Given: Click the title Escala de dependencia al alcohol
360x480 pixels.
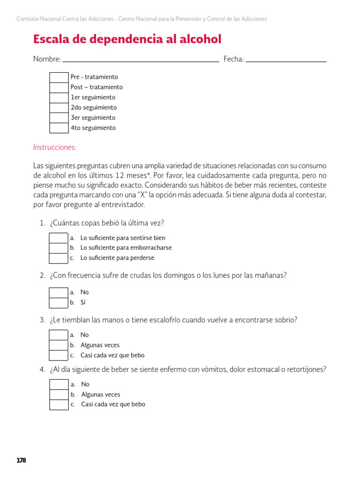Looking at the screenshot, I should click(x=127, y=39).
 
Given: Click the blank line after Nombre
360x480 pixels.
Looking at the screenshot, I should click(x=141, y=60).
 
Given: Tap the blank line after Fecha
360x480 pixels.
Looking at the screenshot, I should click(x=286, y=60).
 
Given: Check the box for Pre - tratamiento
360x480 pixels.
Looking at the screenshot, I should click(x=59, y=77).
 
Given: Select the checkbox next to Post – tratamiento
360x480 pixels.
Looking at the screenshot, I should click(x=59, y=88).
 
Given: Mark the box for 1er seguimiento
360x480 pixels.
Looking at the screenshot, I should click(x=59, y=97).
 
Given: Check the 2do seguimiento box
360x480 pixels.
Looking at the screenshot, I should click(x=59, y=108).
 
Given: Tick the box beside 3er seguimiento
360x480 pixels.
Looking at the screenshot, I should click(x=59, y=118).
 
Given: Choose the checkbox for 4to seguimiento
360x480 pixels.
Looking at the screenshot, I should click(x=59, y=128).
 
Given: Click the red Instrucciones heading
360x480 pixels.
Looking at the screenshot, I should click(x=54, y=147).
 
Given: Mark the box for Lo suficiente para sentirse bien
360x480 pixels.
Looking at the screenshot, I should click(x=59, y=238).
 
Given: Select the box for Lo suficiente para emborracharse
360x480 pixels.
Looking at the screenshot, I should click(x=59, y=248).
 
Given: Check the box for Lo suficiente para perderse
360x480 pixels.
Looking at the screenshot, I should click(x=59, y=258).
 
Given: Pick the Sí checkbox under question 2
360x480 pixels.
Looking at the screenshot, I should click(x=59, y=303).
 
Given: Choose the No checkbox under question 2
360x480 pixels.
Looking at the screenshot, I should click(x=59, y=292).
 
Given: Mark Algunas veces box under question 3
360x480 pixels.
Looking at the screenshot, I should click(x=59, y=345).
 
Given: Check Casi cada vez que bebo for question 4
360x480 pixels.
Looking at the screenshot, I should click(x=59, y=405).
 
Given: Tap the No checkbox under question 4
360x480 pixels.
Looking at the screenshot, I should click(x=59, y=384).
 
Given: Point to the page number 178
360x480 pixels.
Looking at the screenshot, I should click(x=21, y=460).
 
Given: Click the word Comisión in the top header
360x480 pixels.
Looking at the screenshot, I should click(x=26, y=19).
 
